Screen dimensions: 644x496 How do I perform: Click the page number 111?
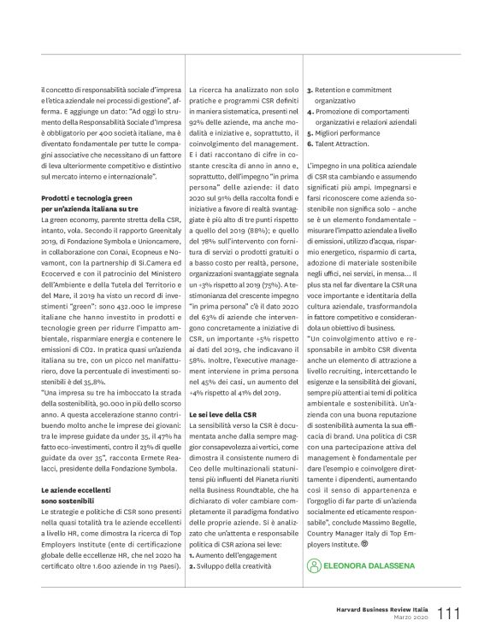coord(451,613)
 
